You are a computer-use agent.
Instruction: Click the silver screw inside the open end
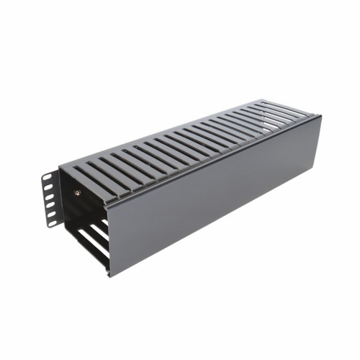[x=78, y=192]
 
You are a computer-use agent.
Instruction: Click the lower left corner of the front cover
[x=110, y=276]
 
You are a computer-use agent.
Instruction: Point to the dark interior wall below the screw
[x=79, y=212]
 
